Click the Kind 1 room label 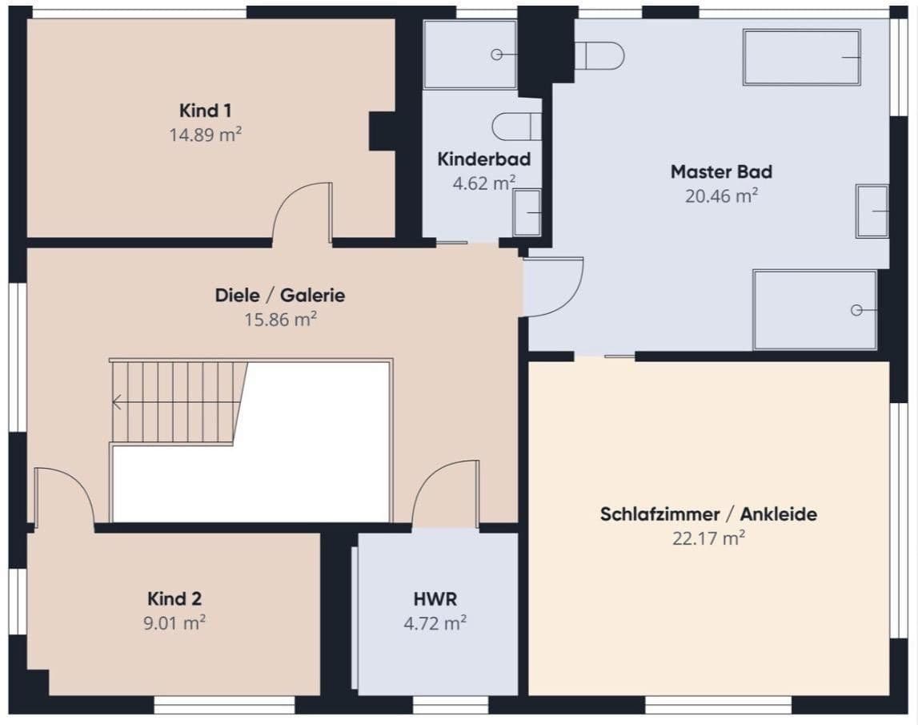(x=205, y=111)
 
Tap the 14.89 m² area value (x=205, y=135)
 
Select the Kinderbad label (x=483, y=159)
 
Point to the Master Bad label (x=721, y=171)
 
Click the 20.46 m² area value (x=721, y=195)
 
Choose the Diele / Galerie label (x=280, y=295)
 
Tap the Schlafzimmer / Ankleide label (x=708, y=514)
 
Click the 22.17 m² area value (x=708, y=538)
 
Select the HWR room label (x=435, y=598)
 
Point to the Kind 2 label (x=174, y=598)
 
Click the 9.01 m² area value (x=174, y=622)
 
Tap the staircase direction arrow (x=117, y=402)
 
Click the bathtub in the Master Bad (x=802, y=57)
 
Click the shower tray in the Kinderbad (x=470, y=54)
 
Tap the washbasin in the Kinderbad (x=527, y=213)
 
